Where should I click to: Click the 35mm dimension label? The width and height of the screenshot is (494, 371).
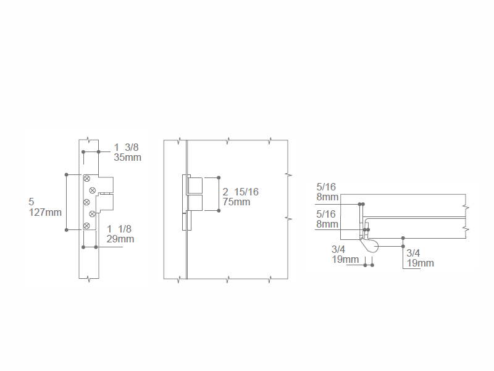point(127,158)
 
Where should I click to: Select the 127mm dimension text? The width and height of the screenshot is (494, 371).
point(45,212)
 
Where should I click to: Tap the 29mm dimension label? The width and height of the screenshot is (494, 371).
point(120,239)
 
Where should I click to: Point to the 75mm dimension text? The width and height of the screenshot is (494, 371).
point(237,202)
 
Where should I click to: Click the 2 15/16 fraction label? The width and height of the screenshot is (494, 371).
point(240,192)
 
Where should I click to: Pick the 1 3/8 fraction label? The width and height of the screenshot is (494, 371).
point(126,147)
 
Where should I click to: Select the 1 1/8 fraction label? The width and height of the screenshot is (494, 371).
point(119,229)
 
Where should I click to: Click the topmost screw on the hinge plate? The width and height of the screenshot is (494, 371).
point(86,179)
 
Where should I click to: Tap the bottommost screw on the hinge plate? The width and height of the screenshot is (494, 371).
point(86,226)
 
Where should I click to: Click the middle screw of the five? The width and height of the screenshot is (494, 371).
point(86,202)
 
